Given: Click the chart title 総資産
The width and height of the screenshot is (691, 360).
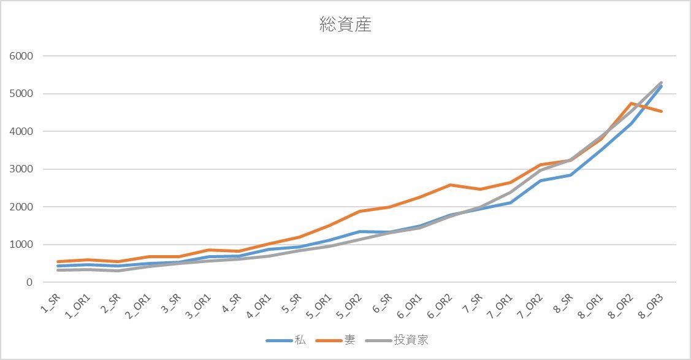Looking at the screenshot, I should [345, 25].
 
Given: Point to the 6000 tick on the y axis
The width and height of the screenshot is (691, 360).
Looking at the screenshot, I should [21, 56].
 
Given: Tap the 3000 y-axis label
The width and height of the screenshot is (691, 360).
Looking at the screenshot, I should [21, 169].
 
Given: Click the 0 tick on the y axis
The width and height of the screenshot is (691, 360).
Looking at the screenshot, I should [29, 283].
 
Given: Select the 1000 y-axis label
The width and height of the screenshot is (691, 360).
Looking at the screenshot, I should [21, 245].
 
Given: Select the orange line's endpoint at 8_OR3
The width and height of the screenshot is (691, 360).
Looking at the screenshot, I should [662, 111].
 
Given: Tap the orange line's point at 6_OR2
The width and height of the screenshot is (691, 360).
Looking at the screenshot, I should [451, 185].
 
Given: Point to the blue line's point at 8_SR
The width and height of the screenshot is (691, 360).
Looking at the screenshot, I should [571, 175].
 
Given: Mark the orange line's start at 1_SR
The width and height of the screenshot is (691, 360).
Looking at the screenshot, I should [58, 262].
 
